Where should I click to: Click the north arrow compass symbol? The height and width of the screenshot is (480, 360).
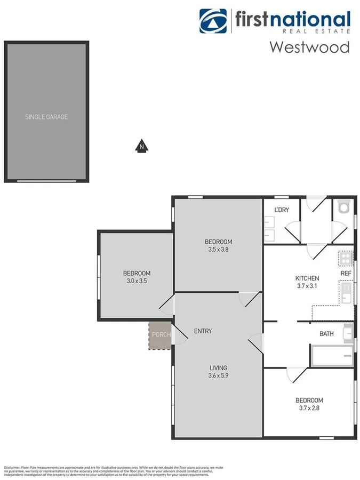(x=141, y=146)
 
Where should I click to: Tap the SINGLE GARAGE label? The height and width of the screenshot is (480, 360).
(x=46, y=117)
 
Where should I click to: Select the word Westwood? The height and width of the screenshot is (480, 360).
(x=309, y=46)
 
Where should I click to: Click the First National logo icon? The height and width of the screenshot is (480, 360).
(x=213, y=21)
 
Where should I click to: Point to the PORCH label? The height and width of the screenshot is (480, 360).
(x=161, y=335)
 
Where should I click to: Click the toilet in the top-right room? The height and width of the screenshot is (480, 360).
(x=343, y=206)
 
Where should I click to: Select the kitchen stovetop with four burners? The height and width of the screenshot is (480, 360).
(x=346, y=259)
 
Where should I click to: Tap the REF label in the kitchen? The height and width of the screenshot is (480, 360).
(x=346, y=274)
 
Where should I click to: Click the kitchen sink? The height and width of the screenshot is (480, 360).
(x=347, y=293)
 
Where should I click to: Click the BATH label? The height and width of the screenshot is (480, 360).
(x=326, y=334)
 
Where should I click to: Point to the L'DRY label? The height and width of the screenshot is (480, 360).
(x=282, y=210)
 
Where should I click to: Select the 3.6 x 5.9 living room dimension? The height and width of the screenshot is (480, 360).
(x=218, y=375)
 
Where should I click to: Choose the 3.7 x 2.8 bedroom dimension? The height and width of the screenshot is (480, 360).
(x=309, y=408)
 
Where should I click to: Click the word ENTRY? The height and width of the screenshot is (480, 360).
(x=203, y=331)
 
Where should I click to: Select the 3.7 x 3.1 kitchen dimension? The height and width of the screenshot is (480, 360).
(x=307, y=286)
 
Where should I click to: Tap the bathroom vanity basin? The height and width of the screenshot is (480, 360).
(x=348, y=331)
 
